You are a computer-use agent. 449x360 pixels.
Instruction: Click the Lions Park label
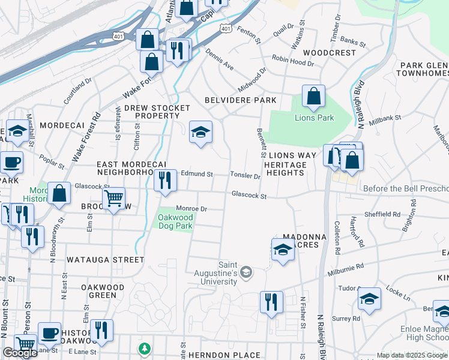pos(314,118)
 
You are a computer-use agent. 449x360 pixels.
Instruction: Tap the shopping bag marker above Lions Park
pos(313,96)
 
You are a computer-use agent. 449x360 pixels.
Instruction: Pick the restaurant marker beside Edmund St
pos(164,180)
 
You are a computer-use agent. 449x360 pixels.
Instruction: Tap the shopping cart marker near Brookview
pos(113,198)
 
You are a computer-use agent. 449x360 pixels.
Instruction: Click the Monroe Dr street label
pos(191,209)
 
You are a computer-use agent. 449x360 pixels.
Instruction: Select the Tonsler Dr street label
pos(245,176)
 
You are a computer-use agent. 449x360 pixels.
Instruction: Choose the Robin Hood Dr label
pos(293,59)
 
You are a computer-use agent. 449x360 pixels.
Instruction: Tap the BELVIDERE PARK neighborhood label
pos(240,100)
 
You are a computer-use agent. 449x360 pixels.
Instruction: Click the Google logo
pos(20,353)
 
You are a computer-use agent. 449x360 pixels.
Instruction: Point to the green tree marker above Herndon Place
pos(144,348)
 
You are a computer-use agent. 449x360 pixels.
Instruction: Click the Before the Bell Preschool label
pos(406,188)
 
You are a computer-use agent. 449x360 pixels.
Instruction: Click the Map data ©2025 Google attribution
pos(412,355)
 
